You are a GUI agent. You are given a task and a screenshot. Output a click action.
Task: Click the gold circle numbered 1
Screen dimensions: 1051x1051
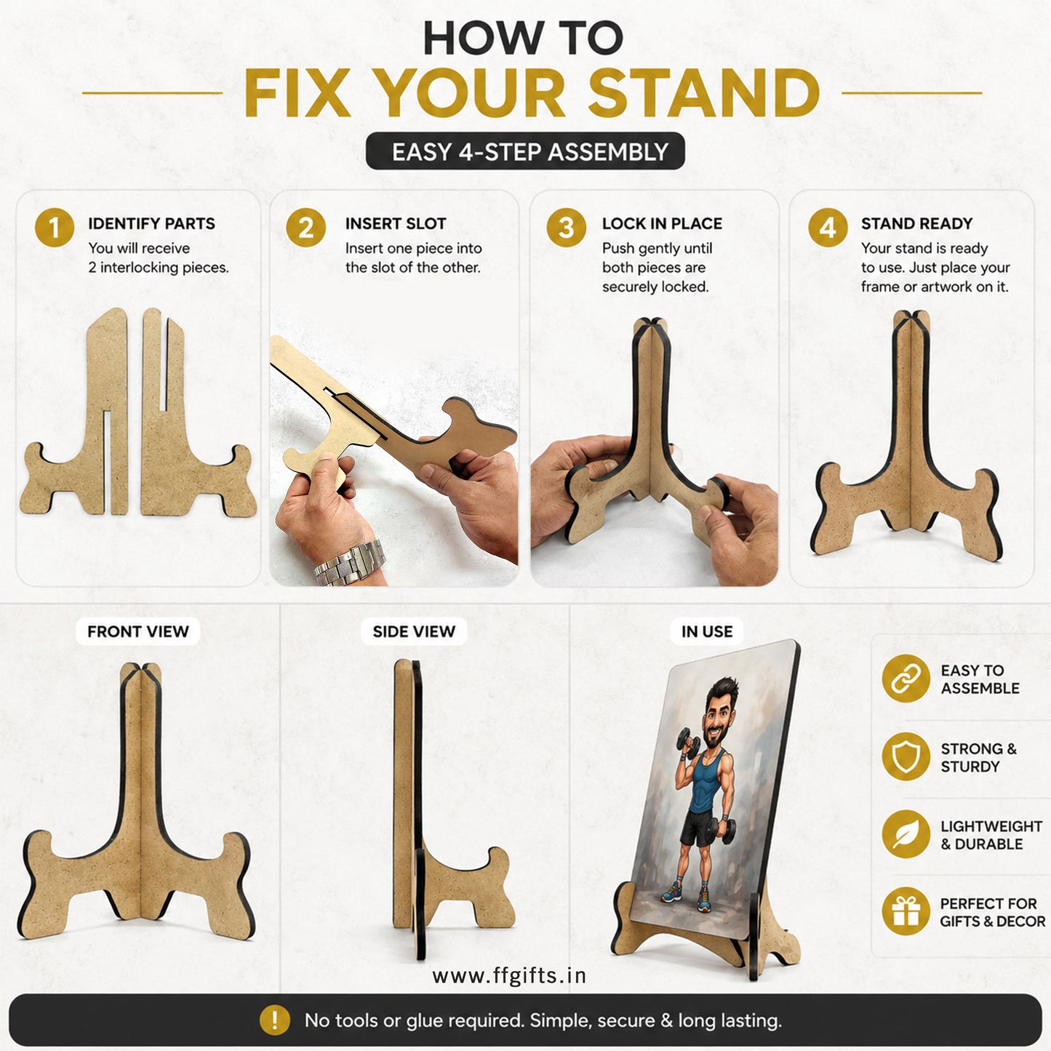click(55, 228)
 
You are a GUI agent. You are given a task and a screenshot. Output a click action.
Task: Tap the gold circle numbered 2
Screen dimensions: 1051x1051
click(306, 228)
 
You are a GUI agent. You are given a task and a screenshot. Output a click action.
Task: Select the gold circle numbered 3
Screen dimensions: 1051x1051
click(566, 228)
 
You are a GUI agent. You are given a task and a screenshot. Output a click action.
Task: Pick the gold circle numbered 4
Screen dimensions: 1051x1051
click(828, 228)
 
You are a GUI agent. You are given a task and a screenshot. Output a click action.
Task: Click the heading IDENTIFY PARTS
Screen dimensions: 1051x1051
click(151, 223)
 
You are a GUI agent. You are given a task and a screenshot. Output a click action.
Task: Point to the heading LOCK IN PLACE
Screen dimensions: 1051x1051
click(662, 223)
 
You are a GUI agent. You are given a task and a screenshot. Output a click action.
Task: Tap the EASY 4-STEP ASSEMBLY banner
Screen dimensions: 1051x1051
click(525, 151)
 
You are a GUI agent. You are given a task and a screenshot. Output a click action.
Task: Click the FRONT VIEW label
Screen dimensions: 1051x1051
click(138, 631)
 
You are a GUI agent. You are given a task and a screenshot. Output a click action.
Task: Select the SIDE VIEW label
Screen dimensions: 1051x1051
click(414, 631)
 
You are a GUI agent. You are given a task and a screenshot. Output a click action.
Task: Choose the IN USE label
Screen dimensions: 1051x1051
click(707, 631)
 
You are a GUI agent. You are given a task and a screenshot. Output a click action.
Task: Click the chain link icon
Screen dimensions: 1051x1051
click(906, 679)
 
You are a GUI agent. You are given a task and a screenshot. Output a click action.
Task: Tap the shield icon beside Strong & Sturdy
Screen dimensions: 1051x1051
click(906, 756)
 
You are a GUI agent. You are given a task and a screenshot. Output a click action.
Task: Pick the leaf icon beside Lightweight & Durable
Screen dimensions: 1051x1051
click(906, 834)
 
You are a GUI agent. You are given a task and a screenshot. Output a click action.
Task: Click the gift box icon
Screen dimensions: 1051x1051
click(906, 911)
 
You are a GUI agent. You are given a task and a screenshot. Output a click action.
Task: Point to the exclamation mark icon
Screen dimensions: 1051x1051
click(274, 1020)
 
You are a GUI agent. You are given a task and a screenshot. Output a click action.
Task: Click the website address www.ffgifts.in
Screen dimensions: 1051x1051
click(509, 976)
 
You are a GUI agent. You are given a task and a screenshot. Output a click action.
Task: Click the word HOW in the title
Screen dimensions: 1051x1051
click(483, 38)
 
